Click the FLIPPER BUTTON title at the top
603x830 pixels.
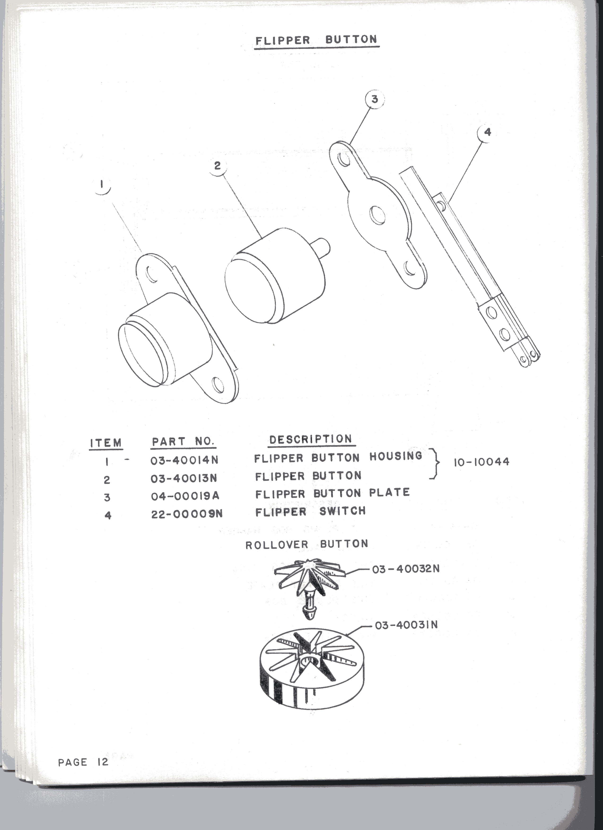click(x=316, y=40)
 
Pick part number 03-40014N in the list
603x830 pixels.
click(x=184, y=460)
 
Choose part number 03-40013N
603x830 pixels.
click(x=184, y=478)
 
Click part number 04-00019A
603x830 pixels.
click(x=185, y=496)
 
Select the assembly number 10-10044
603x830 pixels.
click(x=481, y=462)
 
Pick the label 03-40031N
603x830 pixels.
click(x=406, y=625)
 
